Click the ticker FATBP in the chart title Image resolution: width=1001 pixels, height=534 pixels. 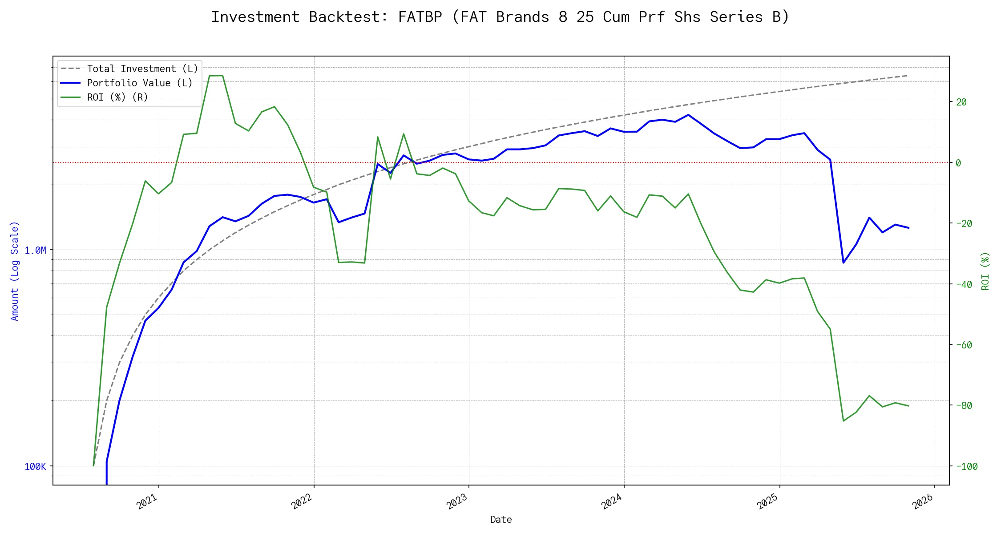pyautogui.click(x=420, y=17)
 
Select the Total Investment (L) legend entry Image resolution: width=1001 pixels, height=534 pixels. pyautogui.click(x=142, y=69)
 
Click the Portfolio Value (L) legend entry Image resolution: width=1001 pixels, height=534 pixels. pyautogui.click(x=139, y=83)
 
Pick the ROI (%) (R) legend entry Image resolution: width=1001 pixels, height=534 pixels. pyautogui.click(x=117, y=97)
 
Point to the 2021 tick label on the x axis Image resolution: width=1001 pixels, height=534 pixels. pyautogui.click(x=147, y=502)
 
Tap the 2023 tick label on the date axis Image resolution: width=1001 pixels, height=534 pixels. pyautogui.click(x=457, y=502)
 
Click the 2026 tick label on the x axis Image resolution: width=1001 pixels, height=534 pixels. pyautogui.click(x=923, y=502)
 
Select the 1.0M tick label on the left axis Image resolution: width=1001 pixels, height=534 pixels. pyautogui.click(x=35, y=251)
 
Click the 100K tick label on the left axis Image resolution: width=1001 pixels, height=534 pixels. pyautogui.click(x=35, y=467)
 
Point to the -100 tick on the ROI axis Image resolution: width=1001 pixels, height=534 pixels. pyautogui.click(x=966, y=467)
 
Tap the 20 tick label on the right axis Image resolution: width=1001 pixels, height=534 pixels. pyautogui.click(x=961, y=102)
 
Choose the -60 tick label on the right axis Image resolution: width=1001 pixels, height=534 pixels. pyautogui.click(x=963, y=345)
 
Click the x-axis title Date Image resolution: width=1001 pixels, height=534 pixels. pyautogui.click(x=501, y=520)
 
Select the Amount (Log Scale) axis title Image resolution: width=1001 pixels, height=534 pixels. pyautogui.click(x=15, y=271)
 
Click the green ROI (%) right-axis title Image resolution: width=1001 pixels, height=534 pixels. pyautogui.click(x=985, y=271)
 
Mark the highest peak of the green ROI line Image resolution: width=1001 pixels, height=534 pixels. pyautogui.click(x=216, y=76)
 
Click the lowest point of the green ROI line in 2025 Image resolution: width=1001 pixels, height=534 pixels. pyautogui.click(x=844, y=421)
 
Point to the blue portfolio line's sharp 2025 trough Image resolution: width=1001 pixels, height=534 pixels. pyautogui.click(x=844, y=263)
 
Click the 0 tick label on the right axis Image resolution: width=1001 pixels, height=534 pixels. pyautogui.click(x=958, y=163)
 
